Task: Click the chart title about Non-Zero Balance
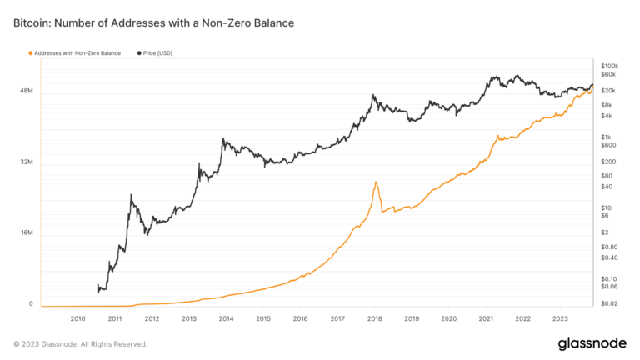tap(153, 22)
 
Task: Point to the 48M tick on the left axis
tap(26, 91)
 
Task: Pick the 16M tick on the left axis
tap(26, 232)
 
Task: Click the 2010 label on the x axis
tap(77, 318)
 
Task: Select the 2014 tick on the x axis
tap(226, 318)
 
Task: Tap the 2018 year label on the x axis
tap(374, 318)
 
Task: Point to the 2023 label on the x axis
tap(560, 318)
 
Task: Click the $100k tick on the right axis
tap(609, 65)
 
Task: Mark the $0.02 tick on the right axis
tap(608, 303)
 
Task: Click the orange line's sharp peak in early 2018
tap(376, 182)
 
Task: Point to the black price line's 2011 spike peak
tap(131, 195)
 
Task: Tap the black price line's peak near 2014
tap(223, 139)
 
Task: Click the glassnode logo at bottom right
tap(592, 343)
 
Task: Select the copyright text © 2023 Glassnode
tap(80, 343)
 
